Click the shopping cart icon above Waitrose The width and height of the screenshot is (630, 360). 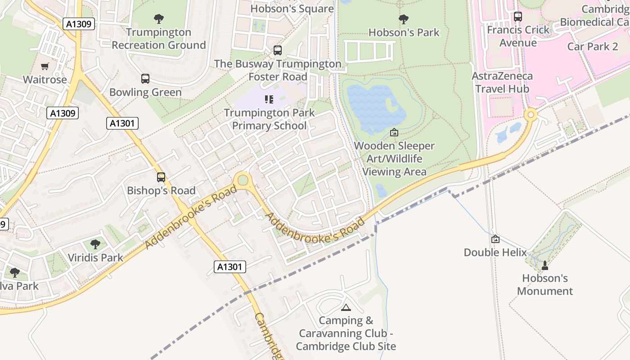click(x=45, y=67)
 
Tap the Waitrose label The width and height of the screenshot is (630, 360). click(x=45, y=80)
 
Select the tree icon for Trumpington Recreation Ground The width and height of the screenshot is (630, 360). click(x=158, y=19)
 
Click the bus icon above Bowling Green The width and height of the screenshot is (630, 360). click(x=145, y=79)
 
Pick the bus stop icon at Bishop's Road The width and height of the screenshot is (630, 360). click(x=161, y=177)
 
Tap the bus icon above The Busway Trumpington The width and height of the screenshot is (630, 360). click(x=278, y=50)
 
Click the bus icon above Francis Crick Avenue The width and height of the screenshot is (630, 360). click(x=518, y=17)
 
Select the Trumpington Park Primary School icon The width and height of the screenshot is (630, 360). click(x=269, y=99)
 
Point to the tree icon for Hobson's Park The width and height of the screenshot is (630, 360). click(x=404, y=19)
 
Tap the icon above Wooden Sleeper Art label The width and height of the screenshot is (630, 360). click(x=394, y=132)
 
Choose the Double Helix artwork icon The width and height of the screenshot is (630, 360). click(x=495, y=239)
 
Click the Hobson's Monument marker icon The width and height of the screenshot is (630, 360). click(x=545, y=265)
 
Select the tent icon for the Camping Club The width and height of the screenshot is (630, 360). click(x=346, y=307)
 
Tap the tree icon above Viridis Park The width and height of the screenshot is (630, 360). click(x=95, y=244)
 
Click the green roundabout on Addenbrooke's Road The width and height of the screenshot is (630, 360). click(x=243, y=180)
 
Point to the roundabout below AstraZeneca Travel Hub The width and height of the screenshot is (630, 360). click(x=531, y=115)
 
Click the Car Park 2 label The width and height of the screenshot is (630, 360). click(x=592, y=46)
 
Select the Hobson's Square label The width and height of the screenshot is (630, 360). click(x=292, y=9)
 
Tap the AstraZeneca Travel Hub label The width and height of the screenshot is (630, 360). click(x=502, y=82)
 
